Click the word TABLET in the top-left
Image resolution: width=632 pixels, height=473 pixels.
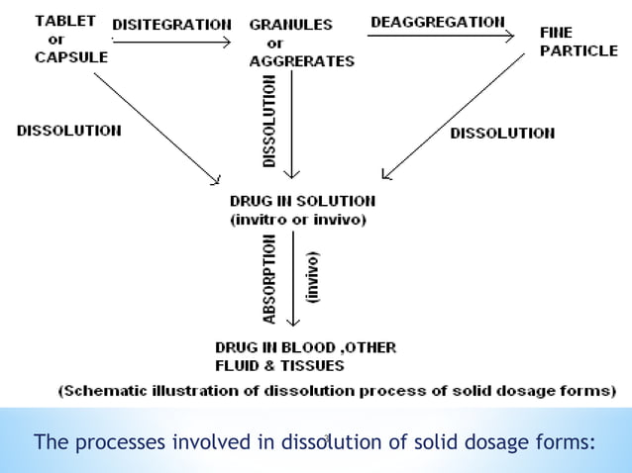point(64,21)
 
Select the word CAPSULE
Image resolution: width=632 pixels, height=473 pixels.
point(70,56)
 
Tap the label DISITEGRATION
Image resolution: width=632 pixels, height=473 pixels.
point(172,23)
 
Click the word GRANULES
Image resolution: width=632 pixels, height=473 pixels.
point(290,23)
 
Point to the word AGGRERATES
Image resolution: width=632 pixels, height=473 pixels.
point(301,61)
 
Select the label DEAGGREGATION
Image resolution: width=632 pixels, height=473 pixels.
point(437,21)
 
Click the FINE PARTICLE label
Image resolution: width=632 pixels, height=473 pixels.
point(578,42)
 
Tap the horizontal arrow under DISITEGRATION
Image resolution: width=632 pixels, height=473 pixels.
point(172,43)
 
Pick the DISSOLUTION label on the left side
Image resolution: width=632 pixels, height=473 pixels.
point(69,130)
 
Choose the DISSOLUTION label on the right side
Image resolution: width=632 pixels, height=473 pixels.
point(502,133)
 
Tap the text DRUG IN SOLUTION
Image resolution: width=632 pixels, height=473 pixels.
point(302,201)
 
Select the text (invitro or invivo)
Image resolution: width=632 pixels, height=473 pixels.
point(298,220)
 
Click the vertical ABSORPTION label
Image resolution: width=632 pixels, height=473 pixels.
point(270,280)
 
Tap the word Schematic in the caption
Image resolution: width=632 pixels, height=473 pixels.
point(108,390)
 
